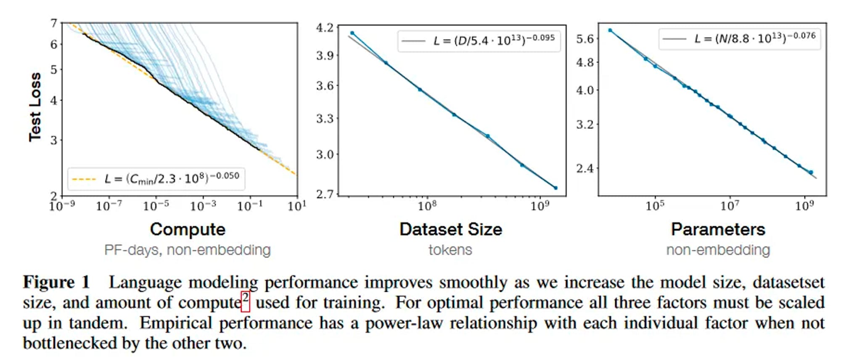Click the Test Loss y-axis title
pos(35,107)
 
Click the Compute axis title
pos(188,230)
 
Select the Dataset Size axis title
pos(451,230)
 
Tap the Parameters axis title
pos(718,230)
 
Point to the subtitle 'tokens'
pos(450,250)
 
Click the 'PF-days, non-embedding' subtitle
pos(188,250)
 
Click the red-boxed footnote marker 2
pos(246,301)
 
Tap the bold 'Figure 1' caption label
pos(56,282)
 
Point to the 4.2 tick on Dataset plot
pos(325,28)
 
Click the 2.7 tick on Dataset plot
pos(325,194)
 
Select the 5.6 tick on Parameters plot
pos(584,39)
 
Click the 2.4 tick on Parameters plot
pos(584,169)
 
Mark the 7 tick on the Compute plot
pos(54,23)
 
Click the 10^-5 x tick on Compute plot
pos(156,206)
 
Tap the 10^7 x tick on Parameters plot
pos(730,206)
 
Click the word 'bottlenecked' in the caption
pos(70,344)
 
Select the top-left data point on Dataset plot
pos(352,33)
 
